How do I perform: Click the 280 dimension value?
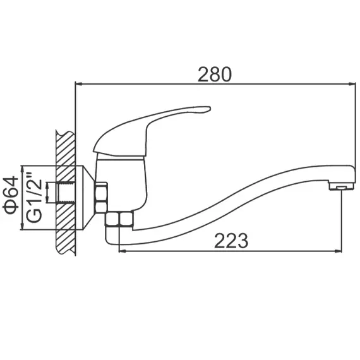tap(215, 74)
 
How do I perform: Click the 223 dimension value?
tap(231, 241)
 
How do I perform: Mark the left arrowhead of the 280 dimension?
tap(78, 83)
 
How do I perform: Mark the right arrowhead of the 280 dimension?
tap(351, 83)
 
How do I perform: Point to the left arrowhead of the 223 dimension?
tap(123, 250)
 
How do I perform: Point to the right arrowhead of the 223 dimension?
tap(339, 250)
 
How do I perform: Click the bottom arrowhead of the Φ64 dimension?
tap(23, 227)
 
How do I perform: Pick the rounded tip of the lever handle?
tap(206, 112)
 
